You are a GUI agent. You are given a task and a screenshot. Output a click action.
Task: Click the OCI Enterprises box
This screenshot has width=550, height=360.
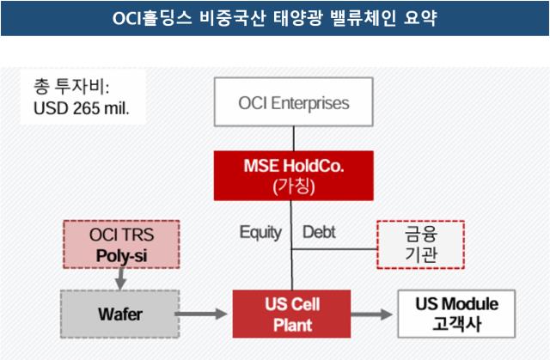point(294,102)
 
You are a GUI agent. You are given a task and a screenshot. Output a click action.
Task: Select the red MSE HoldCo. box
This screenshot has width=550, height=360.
point(294,175)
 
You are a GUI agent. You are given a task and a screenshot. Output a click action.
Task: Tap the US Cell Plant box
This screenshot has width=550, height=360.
point(292,314)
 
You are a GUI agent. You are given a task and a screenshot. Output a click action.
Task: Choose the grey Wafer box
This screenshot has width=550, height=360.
point(120,314)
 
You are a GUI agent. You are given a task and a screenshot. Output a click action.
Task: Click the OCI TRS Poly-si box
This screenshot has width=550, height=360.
point(121,244)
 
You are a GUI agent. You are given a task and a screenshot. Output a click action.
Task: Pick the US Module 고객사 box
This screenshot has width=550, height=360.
point(456,314)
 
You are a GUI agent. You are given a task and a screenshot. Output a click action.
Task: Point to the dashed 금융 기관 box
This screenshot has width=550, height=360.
point(420,245)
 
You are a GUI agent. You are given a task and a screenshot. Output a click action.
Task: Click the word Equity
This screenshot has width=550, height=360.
point(260,232)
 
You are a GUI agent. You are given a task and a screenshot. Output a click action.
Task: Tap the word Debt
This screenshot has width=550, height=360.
point(319,232)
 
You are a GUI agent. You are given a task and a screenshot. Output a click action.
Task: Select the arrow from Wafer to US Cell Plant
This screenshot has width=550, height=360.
point(201,314)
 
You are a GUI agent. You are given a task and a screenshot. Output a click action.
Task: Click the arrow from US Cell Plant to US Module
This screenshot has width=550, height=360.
point(371,314)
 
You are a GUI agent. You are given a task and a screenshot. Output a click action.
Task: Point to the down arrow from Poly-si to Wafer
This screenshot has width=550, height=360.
point(120,279)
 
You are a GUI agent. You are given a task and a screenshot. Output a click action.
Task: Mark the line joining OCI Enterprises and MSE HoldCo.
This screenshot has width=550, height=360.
point(294,139)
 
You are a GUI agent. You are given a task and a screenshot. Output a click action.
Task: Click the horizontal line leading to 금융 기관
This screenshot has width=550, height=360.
point(334,249)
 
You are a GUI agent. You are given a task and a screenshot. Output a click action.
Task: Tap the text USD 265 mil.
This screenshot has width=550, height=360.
point(82,108)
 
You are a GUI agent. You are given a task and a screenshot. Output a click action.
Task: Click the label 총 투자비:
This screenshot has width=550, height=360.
point(71,87)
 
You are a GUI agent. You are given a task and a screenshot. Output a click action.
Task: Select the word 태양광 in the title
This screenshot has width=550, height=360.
point(297,18)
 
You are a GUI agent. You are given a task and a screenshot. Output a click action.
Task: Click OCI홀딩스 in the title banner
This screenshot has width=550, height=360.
point(152,18)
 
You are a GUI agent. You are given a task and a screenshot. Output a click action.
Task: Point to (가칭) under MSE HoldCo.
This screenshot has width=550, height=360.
point(294,186)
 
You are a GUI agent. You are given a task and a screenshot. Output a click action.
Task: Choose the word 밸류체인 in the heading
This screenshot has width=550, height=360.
point(364,18)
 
